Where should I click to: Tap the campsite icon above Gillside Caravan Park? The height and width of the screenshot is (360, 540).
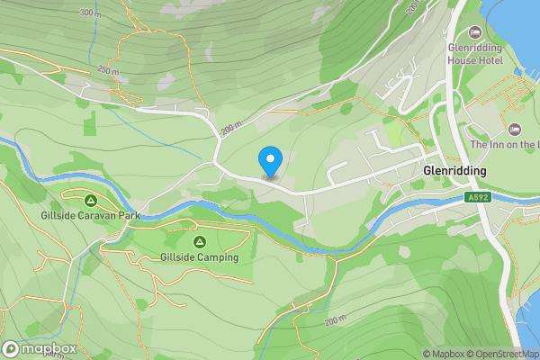91,200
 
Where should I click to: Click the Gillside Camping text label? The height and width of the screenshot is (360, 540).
199,257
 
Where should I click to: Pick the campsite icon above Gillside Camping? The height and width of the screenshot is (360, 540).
199,241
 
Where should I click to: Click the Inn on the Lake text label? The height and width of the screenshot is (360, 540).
505,145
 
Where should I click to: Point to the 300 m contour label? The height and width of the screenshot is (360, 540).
90,13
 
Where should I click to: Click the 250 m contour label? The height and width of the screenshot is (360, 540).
109,71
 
